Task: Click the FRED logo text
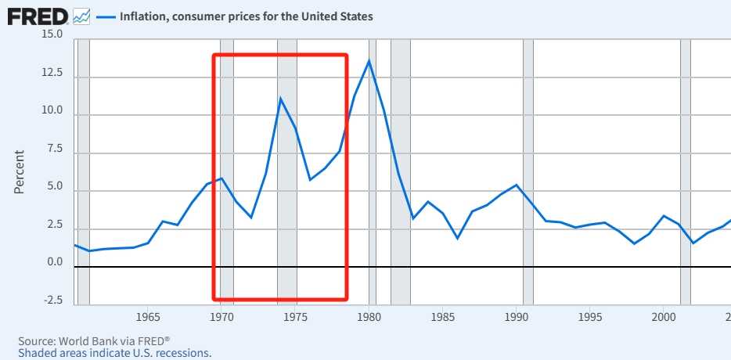pos(37,16)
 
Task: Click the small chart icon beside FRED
pos(81,16)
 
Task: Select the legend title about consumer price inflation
pos(246,16)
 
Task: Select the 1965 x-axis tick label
pos(149,317)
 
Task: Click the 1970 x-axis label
pos(222,317)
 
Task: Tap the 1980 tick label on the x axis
pos(369,317)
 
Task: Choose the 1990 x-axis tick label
pos(517,317)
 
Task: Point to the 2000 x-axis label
pos(664,317)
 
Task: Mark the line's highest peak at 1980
pos(369,61)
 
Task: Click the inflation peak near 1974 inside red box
pos(280,99)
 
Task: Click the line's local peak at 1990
pos(517,185)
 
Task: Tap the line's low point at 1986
pos(458,237)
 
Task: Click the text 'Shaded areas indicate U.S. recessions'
pos(114,353)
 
